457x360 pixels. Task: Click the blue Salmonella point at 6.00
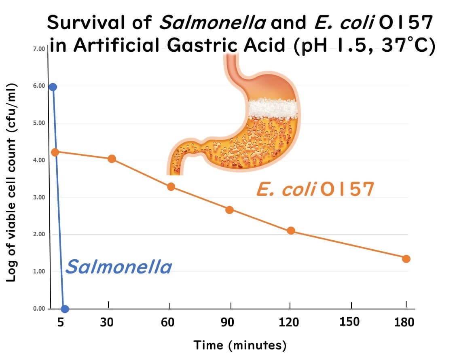tap(53, 87)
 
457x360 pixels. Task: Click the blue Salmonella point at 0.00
tap(65, 309)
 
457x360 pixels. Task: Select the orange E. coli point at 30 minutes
tap(112, 159)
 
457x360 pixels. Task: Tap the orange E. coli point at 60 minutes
tap(171, 186)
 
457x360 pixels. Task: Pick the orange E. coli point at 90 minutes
tap(229, 210)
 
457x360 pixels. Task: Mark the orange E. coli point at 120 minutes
tap(291, 231)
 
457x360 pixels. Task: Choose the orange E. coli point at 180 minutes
tap(406, 259)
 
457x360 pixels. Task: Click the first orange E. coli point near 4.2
tap(55, 152)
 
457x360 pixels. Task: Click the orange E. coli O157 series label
tap(314, 190)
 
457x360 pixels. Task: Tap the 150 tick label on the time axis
tap(349, 322)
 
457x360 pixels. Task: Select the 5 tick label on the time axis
tap(61, 322)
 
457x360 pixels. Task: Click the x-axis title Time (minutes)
tap(240, 345)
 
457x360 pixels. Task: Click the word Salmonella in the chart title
tap(213, 23)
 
